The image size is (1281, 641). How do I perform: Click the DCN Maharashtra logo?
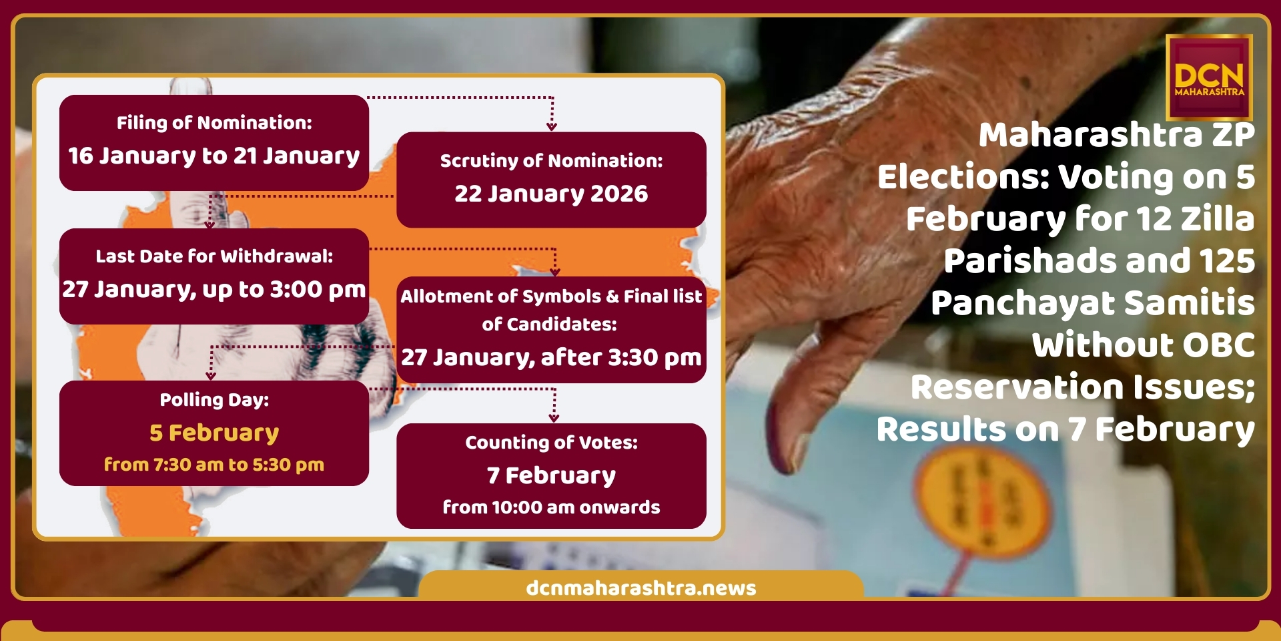(x=1209, y=77)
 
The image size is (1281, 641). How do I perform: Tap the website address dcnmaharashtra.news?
(x=640, y=588)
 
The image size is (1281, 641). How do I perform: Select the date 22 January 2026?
(x=551, y=194)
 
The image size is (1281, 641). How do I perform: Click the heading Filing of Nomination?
(x=214, y=122)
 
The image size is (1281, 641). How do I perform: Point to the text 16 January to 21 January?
(x=214, y=156)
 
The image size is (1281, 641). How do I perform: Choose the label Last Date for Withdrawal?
(x=214, y=256)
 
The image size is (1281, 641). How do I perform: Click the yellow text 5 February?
(x=214, y=433)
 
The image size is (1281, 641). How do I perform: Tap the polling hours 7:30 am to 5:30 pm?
(x=239, y=465)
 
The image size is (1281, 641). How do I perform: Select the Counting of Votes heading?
(x=551, y=442)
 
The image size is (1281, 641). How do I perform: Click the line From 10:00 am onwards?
(x=551, y=507)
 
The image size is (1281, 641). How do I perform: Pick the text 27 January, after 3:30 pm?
(x=551, y=357)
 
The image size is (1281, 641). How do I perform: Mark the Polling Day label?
(x=214, y=399)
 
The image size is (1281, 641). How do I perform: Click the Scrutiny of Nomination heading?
(x=551, y=160)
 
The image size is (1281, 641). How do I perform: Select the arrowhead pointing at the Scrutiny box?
(x=552, y=126)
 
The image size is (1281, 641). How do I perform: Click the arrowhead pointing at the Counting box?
(x=554, y=418)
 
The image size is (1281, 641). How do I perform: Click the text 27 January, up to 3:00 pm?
(x=214, y=289)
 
